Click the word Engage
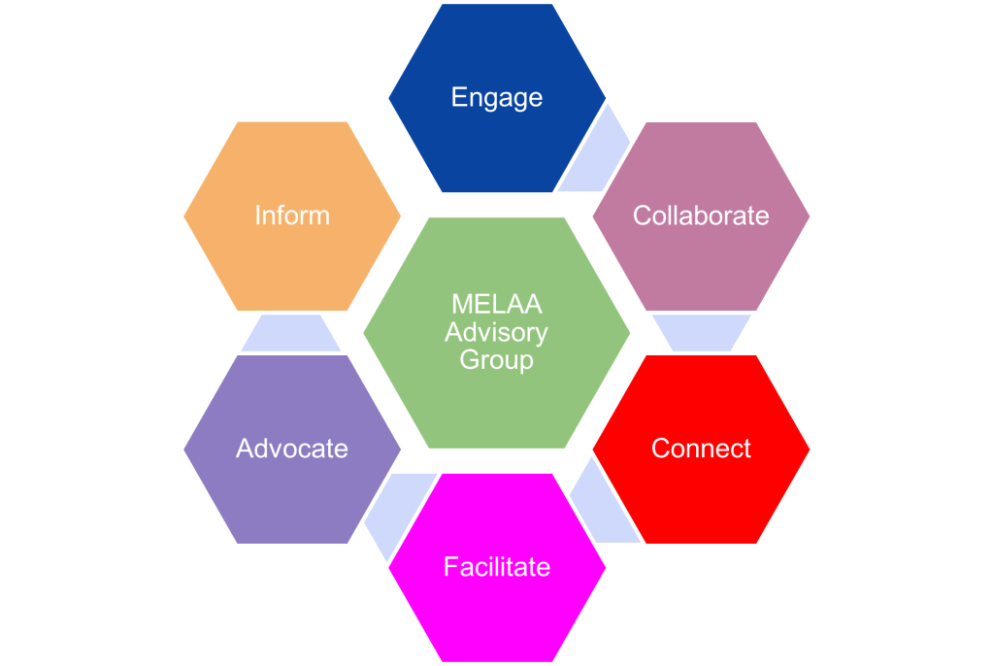click(496, 98)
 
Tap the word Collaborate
click(701, 216)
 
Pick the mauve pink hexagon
click(701, 262)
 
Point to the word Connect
click(701, 449)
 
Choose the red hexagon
click(701, 495)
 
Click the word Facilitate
click(496, 566)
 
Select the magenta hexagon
click(496, 612)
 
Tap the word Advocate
click(291, 449)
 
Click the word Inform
click(291, 216)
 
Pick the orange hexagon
click(291, 262)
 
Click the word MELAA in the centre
click(496, 306)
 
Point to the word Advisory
click(496, 333)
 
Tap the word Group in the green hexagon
click(496, 360)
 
